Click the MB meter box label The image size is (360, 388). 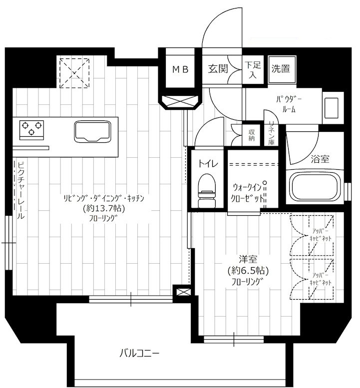[180, 69]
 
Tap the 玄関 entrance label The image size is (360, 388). [218, 69]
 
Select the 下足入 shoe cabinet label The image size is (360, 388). [253, 70]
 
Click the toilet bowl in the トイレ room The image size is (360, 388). [207, 190]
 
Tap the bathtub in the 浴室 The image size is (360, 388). [315, 187]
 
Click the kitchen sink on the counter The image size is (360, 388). [92, 131]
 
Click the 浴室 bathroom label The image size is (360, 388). [320, 159]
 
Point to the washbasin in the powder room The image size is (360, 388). [332, 108]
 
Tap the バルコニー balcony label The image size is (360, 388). [139, 353]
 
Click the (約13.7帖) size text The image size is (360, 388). [104, 208]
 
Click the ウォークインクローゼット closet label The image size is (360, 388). [248, 193]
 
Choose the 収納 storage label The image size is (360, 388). [251, 135]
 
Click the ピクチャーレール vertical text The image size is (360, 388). [21, 190]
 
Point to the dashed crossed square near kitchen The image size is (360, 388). [74, 73]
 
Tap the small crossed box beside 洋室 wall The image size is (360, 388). [182, 292]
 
